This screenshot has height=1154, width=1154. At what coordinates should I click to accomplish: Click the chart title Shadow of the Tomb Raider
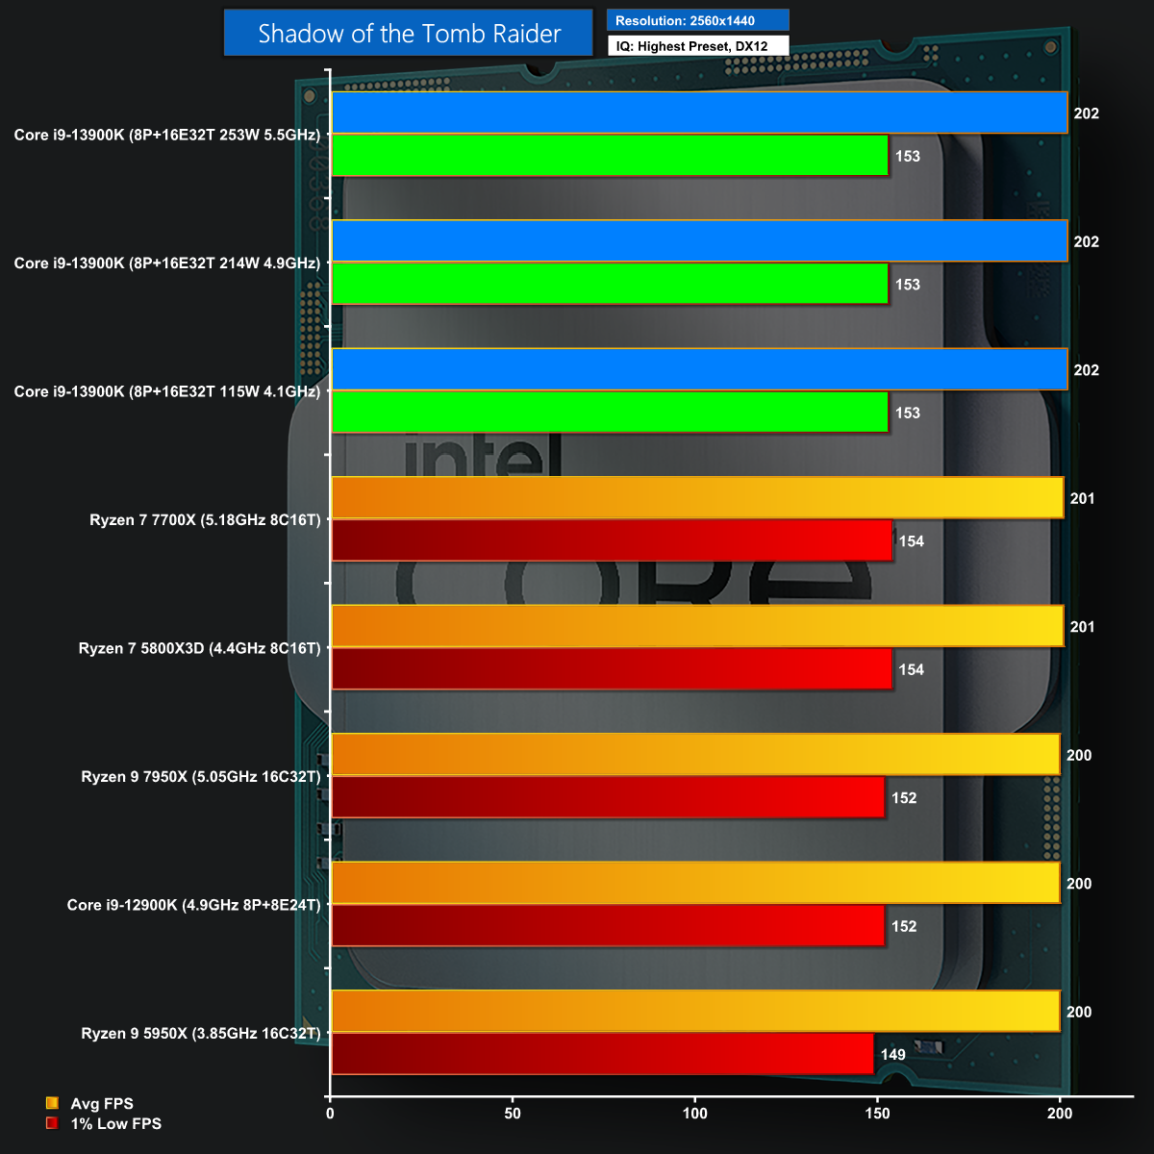(409, 34)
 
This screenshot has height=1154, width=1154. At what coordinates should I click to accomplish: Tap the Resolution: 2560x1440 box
(697, 20)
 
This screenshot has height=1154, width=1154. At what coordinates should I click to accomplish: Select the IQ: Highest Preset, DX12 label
(697, 45)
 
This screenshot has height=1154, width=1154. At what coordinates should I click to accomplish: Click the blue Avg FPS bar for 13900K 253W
(699, 113)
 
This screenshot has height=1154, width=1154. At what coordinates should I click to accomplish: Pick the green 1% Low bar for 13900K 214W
(610, 284)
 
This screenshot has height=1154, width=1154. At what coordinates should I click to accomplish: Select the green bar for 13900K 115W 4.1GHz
(610, 412)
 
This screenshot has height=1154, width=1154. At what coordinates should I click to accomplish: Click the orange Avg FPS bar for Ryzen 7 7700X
(697, 498)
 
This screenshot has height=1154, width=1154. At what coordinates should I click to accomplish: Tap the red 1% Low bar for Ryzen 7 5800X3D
(612, 669)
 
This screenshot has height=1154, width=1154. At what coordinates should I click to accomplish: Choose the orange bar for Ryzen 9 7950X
(695, 755)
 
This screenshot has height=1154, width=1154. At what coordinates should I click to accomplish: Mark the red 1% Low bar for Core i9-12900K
(608, 926)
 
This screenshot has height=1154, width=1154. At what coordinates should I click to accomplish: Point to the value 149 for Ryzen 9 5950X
(893, 1055)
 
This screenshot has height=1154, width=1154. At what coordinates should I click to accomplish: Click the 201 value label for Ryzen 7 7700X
(1082, 498)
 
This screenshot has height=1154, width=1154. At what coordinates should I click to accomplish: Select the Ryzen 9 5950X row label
(201, 1034)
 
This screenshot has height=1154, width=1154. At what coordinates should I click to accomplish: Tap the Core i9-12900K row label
(193, 905)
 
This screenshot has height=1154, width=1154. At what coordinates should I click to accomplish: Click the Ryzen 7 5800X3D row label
(199, 648)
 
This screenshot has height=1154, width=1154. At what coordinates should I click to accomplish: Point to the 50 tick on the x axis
(513, 1114)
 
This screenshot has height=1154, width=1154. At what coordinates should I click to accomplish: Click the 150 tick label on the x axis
(877, 1114)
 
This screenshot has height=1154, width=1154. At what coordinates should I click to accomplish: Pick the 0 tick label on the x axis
(331, 1114)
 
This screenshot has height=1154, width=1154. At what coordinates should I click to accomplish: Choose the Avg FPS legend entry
(101, 1104)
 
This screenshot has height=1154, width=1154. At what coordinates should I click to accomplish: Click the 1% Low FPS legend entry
(115, 1123)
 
